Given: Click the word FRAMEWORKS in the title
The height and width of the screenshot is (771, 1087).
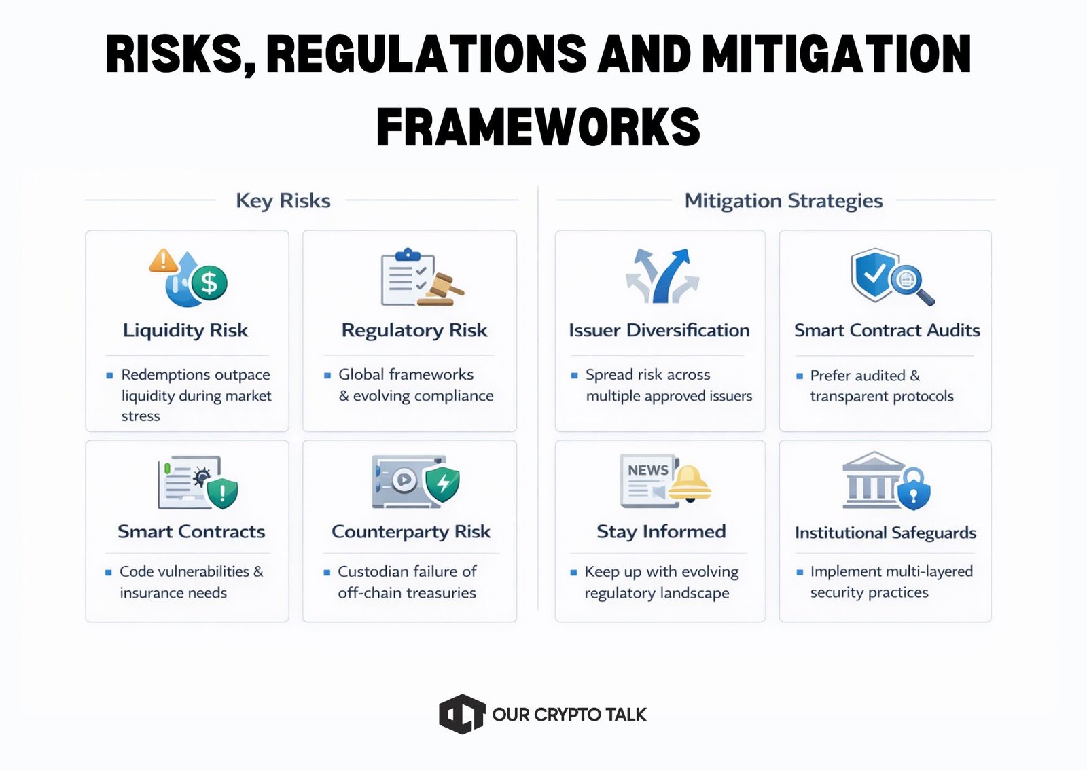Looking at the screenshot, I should coord(538,127).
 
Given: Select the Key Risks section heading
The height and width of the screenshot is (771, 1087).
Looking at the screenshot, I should coord(283,200).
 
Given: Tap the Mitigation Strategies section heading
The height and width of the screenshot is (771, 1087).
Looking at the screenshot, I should coord(783,200).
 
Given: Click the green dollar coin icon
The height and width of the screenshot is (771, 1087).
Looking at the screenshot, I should coord(209,283).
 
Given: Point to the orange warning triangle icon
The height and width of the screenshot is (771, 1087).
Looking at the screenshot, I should coord(163,261).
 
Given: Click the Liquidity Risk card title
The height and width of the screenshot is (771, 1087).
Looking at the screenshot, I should coord(185,330).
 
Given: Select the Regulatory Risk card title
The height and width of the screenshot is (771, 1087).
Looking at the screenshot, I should coord(414,330).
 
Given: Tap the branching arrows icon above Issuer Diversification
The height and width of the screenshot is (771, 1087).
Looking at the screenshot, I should coord(662,276).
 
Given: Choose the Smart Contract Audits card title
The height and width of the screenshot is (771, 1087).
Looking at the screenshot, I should coord(887,330).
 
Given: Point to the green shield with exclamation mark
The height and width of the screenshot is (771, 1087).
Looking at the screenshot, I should coord(222,492).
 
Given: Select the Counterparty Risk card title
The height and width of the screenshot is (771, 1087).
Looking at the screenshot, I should coord(410,531).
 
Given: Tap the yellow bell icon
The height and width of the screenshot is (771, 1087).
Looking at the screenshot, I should coord(689,484).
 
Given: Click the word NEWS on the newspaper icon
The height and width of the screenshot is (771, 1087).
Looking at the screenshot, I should coord(647,470).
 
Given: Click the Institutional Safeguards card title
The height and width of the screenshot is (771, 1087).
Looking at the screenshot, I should coord(885,533).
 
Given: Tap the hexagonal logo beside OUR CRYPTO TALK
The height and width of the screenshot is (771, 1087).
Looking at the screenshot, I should coord(462,714).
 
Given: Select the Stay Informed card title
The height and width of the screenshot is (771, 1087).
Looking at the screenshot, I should coord(661,531).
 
